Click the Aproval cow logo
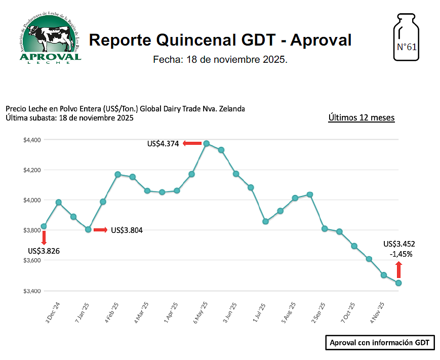coord(50,37)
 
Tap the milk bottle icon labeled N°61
coord(407,40)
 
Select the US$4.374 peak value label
coord(163,144)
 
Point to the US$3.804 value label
coord(127,230)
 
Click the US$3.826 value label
coord(44,251)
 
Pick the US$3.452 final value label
coord(399,244)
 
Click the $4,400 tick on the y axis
coord(32,140)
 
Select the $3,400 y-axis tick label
coord(32,291)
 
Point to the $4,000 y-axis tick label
coord(32,201)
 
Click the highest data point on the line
coord(206,143)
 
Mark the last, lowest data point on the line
coord(398,283)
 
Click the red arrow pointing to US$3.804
coord(100,230)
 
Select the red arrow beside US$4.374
coord(192,144)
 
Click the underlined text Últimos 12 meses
coord(362,117)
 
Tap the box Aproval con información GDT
coord(380,343)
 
